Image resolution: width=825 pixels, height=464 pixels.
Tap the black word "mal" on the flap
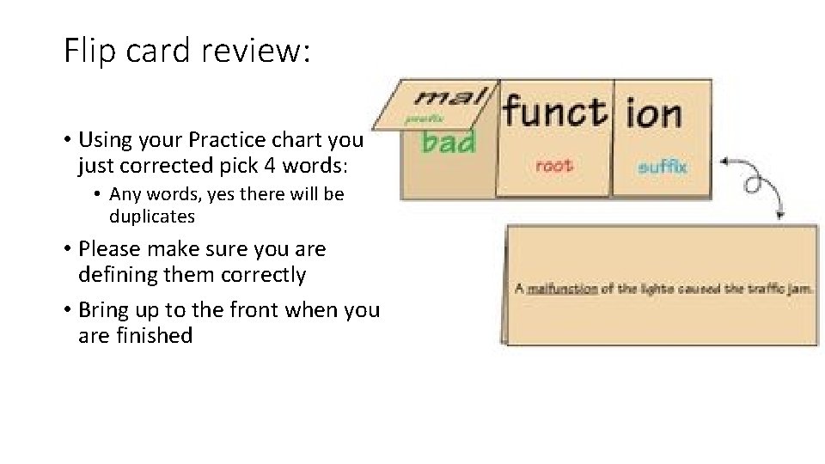click(x=451, y=96)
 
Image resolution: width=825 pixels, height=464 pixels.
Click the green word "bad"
click(x=449, y=141)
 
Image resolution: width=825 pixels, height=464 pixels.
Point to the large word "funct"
click(x=554, y=112)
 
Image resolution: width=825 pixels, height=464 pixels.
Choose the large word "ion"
click(x=654, y=113)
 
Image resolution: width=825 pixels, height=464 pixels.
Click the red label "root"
click(x=553, y=165)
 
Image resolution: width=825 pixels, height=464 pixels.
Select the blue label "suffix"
click(x=663, y=166)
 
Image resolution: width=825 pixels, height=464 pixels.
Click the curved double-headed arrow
click(x=755, y=185)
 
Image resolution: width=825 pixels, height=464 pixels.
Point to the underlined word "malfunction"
click(x=562, y=289)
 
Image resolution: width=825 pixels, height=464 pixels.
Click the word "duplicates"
click(x=152, y=217)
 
